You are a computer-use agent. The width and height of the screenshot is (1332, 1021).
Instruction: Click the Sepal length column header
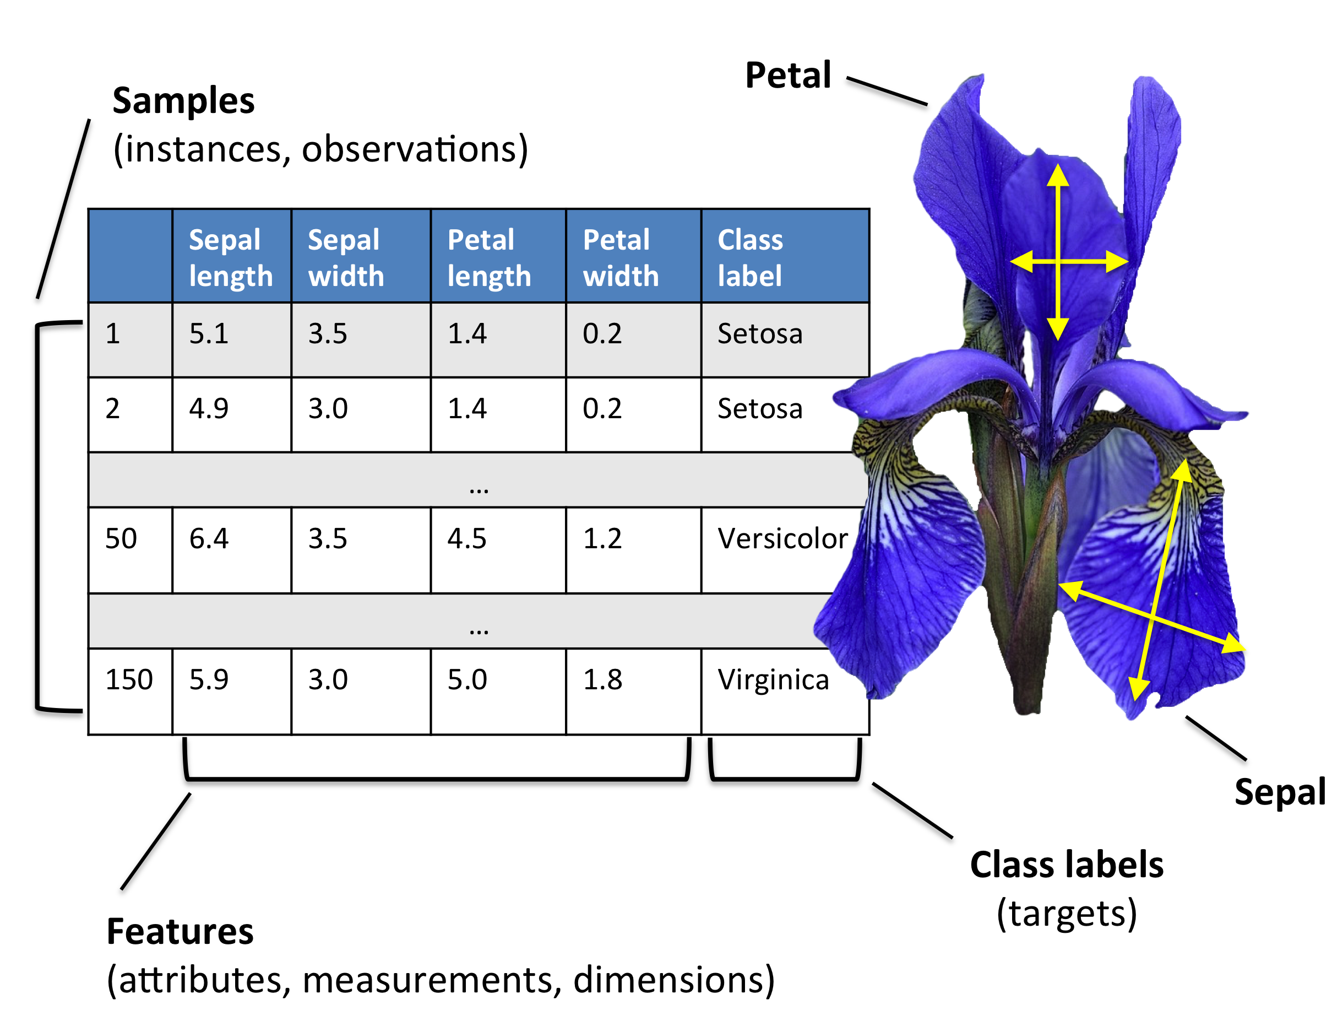(x=230, y=257)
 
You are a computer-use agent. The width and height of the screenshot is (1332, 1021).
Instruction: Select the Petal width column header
(x=620, y=257)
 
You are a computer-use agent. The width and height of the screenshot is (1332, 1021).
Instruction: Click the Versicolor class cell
(x=782, y=538)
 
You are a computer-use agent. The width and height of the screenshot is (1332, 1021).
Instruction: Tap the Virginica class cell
(x=773, y=679)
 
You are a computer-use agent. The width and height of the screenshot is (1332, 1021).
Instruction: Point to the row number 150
(x=129, y=679)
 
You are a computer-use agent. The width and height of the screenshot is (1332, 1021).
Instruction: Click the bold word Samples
(x=183, y=100)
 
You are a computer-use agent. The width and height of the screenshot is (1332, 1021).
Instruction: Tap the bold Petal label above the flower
(x=787, y=75)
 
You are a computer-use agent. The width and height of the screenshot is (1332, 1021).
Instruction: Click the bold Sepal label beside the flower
(x=1279, y=792)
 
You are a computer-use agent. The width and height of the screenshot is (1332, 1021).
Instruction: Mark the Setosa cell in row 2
(x=759, y=408)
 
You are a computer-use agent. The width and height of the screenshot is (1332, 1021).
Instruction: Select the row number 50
(x=121, y=538)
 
